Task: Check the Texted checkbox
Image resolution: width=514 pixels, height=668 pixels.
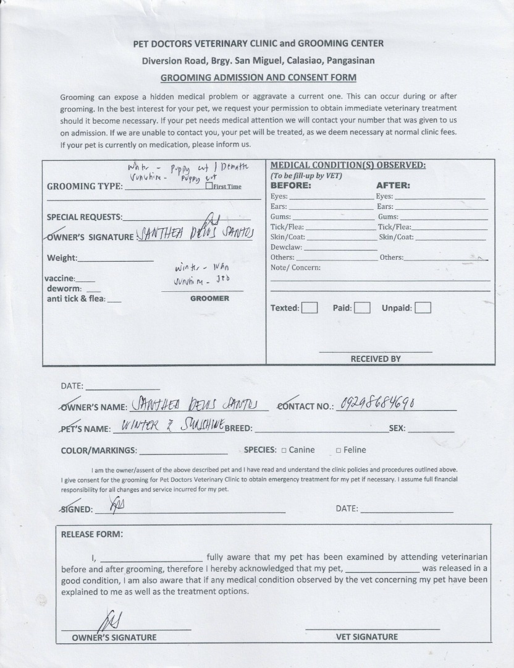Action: tap(310, 307)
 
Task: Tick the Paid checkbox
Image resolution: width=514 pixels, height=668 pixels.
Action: tap(362, 307)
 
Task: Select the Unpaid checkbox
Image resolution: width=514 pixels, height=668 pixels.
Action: tap(423, 307)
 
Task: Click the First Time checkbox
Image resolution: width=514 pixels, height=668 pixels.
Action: tap(209, 186)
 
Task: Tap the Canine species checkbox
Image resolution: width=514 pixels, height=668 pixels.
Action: tap(284, 450)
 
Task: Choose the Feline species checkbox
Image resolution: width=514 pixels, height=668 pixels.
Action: tap(338, 450)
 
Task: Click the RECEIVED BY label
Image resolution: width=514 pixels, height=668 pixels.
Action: tap(376, 359)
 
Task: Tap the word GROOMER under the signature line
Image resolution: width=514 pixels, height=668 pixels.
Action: tap(209, 298)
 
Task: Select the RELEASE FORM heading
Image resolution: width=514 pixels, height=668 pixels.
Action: tap(91, 534)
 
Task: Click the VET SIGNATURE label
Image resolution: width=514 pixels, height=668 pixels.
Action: tap(367, 636)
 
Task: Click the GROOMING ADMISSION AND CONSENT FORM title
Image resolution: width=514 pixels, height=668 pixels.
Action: tap(258, 78)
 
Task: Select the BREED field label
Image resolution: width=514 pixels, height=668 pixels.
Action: tap(239, 429)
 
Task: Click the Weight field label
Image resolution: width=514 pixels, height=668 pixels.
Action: tap(62, 258)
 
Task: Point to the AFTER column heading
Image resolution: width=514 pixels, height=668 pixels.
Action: tap(393, 185)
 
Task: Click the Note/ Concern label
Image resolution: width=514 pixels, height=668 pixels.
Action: tap(295, 268)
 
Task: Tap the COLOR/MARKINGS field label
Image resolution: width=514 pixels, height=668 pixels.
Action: tap(99, 450)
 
